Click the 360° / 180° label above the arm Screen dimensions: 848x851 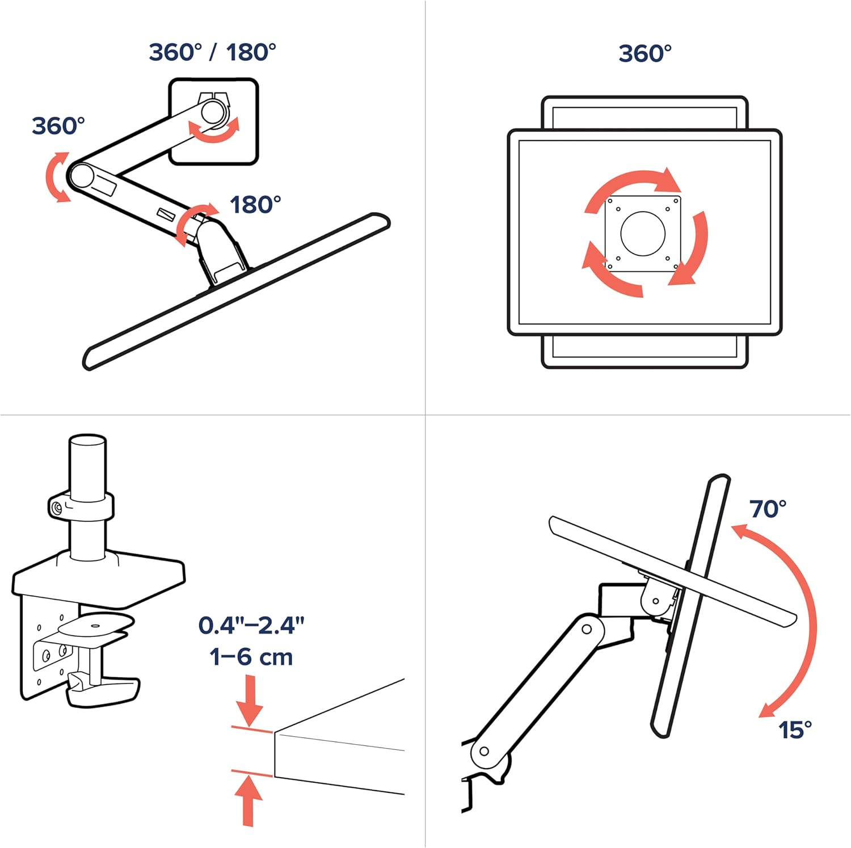click(212, 52)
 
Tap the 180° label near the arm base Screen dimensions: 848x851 click(255, 205)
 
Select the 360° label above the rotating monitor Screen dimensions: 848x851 click(645, 54)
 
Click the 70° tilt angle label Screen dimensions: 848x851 click(768, 509)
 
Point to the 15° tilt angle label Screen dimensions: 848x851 click(794, 729)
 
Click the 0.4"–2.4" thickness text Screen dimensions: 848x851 click(251, 625)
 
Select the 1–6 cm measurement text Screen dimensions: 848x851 click(251, 657)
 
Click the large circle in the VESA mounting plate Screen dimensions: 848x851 click(643, 233)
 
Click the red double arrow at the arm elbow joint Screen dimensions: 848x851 click(57, 176)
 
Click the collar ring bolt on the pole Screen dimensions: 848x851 click(56, 508)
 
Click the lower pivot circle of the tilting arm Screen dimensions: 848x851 click(484, 751)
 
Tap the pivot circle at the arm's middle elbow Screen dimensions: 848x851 click(587, 629)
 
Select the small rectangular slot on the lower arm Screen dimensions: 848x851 click(166, 214)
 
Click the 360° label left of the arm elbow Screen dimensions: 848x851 click(58, 126)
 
